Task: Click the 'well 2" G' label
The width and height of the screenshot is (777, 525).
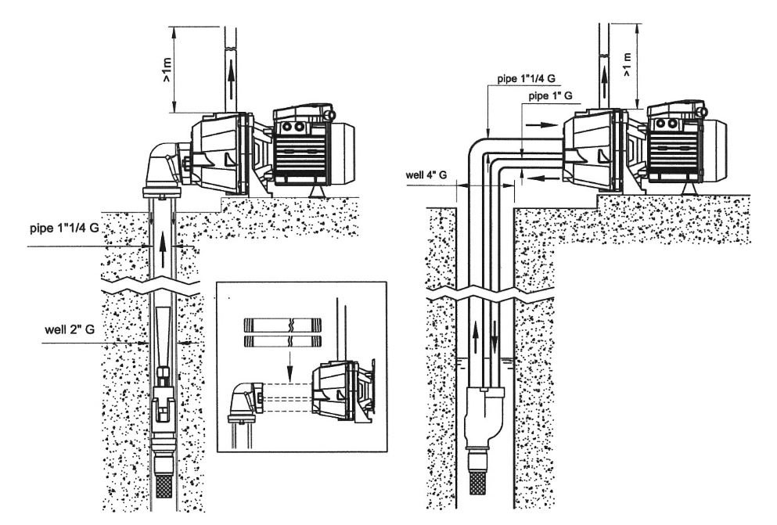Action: click(70, 330)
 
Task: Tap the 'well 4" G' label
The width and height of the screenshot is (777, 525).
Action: click(426, 174)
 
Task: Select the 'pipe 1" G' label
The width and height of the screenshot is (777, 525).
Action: click(551, 96)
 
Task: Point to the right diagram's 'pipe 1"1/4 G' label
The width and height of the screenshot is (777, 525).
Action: click(527, 78)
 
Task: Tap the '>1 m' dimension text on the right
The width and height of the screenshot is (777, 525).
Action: click(628, 64)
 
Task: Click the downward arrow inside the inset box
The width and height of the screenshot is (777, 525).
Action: click(290, 366)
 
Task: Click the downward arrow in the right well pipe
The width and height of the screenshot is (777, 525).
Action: click(494, 335)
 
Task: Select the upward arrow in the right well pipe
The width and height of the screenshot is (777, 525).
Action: click(475, 336)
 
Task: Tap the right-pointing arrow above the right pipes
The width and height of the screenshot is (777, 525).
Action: click(541, 125)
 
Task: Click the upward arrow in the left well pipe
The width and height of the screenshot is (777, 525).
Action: click(163, 250)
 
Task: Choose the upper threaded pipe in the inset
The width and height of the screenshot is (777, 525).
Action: click(282, 325)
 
